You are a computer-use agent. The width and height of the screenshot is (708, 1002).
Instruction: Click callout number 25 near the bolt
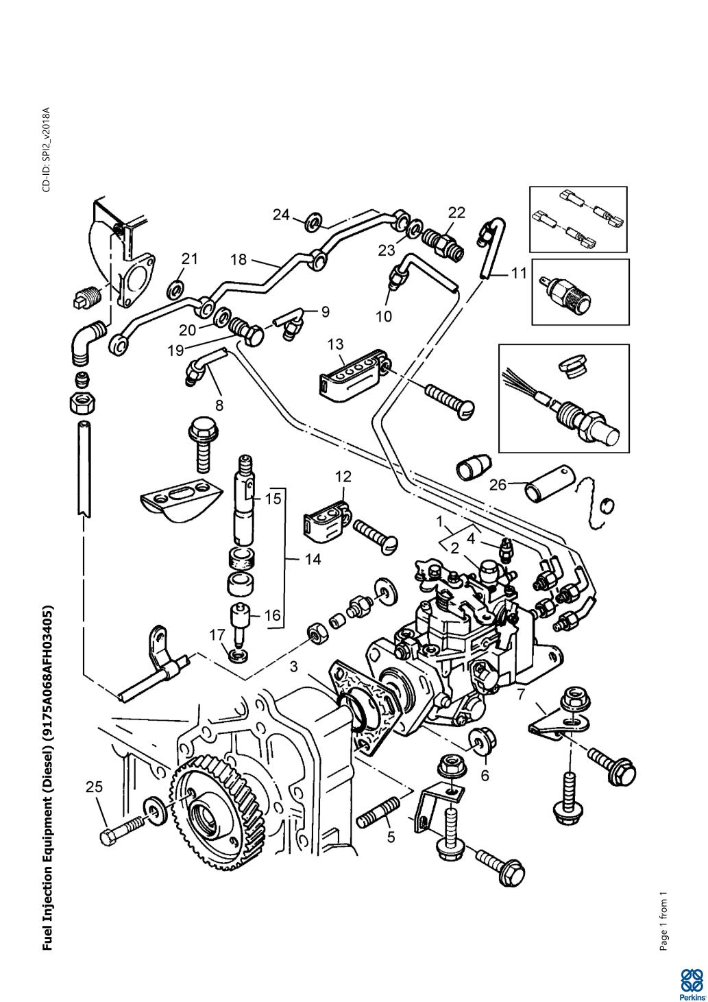click(95, 787)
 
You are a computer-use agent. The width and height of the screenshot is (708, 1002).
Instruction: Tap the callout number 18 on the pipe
click(239, 259)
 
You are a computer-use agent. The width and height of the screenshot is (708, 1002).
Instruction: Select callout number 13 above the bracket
click(336, 344)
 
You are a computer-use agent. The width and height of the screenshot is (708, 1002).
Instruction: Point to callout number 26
click(498, 485)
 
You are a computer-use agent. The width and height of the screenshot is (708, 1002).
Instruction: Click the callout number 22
click(456, 213)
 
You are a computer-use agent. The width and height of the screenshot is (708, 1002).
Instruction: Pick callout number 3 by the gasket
click(293, 666)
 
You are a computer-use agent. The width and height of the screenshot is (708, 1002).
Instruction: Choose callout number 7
click(522, 695)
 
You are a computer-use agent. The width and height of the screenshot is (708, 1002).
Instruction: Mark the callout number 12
click(343, 475)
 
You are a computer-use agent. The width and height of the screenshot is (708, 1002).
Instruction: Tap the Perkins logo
click(691, 982)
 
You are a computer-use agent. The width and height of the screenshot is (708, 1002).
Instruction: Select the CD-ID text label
click(47, 150)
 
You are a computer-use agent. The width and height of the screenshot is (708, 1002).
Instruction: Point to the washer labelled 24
click(314, 220)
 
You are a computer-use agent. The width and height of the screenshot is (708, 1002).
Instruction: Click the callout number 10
click(383, 316)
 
